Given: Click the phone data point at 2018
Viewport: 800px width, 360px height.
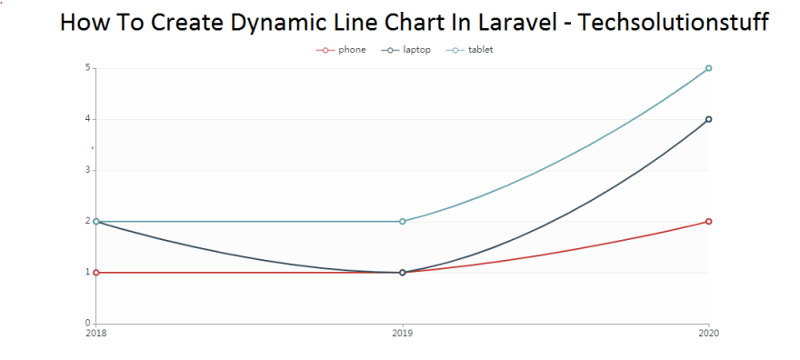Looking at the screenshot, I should click(96, 272).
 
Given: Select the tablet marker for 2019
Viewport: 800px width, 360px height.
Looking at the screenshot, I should click(403, 221).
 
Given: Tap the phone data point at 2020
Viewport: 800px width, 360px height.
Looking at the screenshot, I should click(708, 221).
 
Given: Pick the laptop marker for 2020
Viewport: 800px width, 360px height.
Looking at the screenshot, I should click(708, 119).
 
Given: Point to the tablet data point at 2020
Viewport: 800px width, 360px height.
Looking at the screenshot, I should click(708, 68).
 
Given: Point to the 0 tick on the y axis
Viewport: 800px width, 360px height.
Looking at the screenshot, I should click(88, 323).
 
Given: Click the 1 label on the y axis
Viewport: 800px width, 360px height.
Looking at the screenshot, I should click(88, 272).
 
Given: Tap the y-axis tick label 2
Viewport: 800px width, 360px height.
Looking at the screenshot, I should click(88, 221).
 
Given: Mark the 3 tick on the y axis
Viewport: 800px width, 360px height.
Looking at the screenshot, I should click(88, 170).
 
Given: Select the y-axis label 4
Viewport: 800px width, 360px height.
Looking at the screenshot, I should click(88, 119).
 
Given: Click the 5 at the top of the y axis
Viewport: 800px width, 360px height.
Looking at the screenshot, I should click(88, 68).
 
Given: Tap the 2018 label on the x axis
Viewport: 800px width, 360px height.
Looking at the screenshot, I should click(95, 334).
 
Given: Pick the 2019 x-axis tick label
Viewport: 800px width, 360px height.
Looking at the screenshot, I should click(403, 334).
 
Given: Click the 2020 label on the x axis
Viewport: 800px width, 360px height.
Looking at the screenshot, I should click(708, 334).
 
